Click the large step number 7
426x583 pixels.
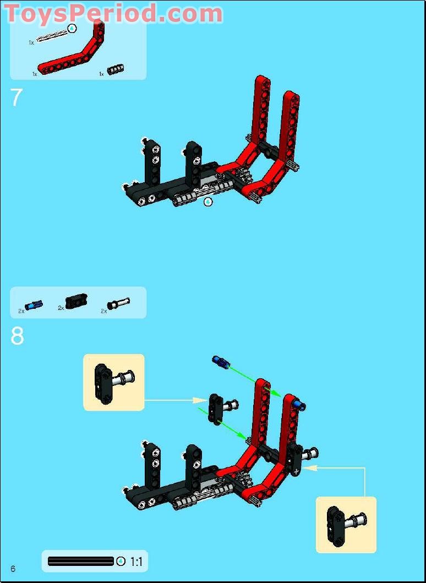tap(17, 98)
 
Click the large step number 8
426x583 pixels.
tap(17, 336)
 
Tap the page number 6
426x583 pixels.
tap(13, 569)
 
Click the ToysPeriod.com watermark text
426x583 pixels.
tap(113, 14)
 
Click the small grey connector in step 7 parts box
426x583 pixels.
tap(115, 69)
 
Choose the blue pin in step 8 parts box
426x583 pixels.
tap(34, 305)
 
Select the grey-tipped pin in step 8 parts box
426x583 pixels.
tap(118, 303)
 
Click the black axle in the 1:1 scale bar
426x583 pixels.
tap(81, 562)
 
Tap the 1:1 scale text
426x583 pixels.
tap(136, 562)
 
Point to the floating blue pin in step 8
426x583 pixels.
tap(221, 362)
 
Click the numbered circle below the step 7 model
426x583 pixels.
tap(209, 202)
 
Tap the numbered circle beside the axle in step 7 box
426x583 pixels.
tap(72, 28)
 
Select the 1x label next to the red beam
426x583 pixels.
tap(35, 74)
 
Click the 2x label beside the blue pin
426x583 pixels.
tap(21, 311)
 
